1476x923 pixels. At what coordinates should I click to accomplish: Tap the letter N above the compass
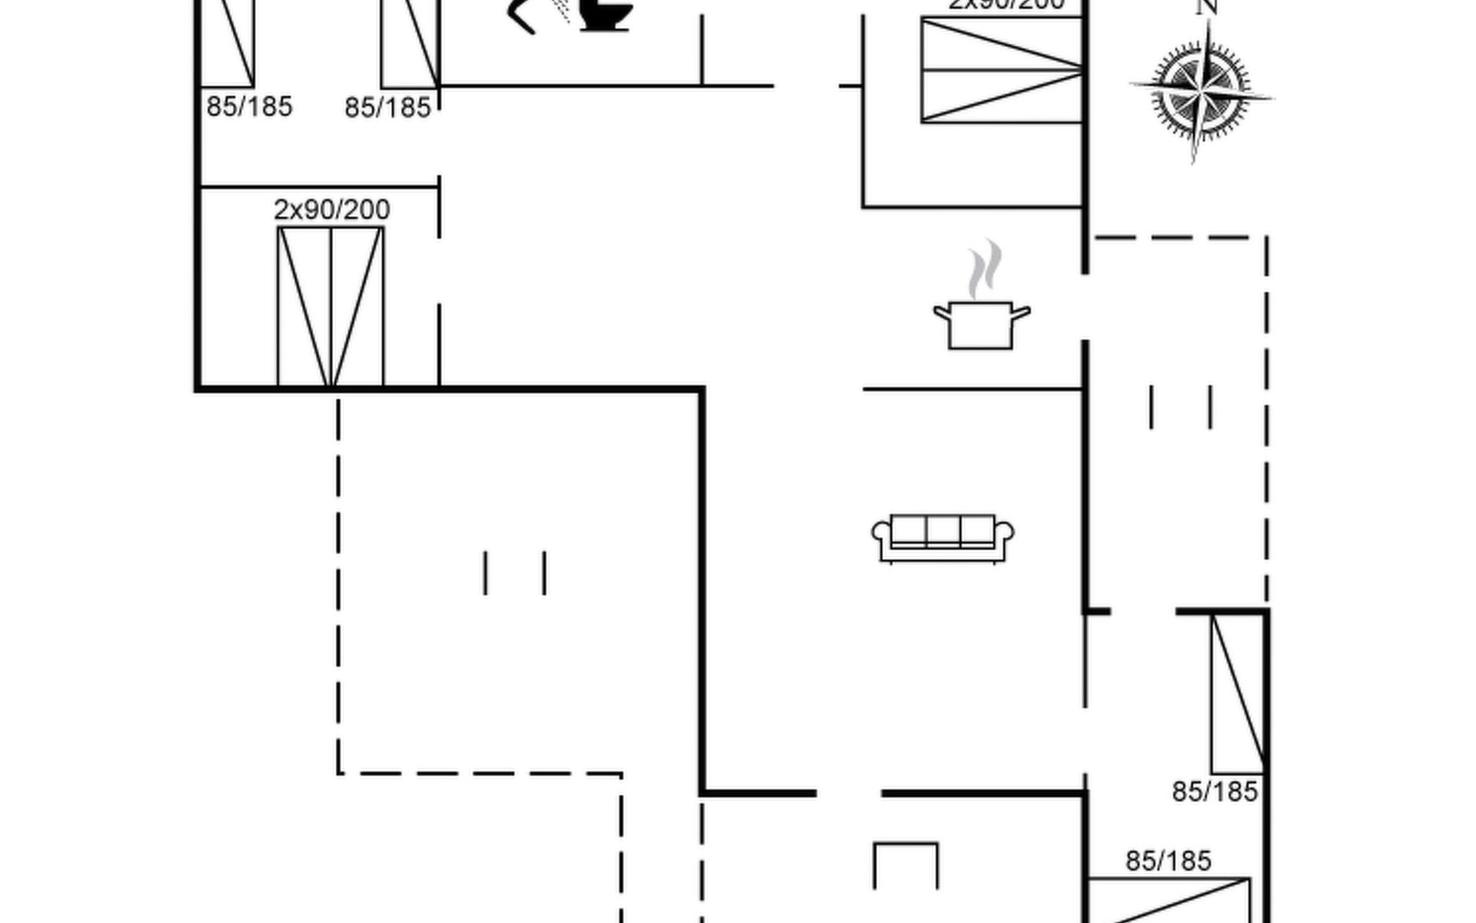(1207, 8)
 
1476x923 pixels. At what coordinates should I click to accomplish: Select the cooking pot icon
(981, 325)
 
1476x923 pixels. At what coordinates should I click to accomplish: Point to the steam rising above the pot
(985, 269)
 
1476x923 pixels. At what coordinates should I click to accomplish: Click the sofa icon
(942, 538)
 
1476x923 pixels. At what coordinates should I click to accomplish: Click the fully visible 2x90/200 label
(332, 209)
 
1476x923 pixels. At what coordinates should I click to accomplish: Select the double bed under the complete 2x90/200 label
(331, 306)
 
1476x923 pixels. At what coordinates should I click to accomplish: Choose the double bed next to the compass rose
(1002, 70)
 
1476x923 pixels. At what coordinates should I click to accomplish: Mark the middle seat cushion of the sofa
(942, 530)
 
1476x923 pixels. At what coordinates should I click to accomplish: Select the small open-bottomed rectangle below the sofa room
(906, 865)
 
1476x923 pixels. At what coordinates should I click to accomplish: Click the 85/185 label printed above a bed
(1168, 861)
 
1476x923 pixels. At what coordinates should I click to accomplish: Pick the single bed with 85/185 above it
(1168, 900)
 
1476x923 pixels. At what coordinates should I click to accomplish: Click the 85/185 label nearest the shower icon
(387, 108)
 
